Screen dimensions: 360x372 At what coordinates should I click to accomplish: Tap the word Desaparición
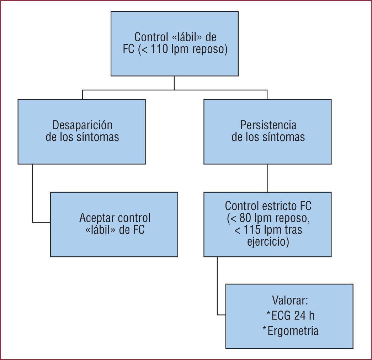[x=82, y=125]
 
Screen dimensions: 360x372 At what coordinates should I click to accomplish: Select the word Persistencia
[x=268, y=125]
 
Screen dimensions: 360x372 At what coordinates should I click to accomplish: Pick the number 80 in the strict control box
[x=244, y=218]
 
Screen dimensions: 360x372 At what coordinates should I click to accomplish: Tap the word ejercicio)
[x=267, y=242]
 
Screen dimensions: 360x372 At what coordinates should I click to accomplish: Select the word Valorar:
[x=289, y=300]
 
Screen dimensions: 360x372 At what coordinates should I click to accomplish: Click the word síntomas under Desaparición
[x=98, y=137]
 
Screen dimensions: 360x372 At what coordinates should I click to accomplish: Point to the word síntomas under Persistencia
[x=283, y=137]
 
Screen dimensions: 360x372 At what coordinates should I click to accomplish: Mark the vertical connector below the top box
[x=174, y=83]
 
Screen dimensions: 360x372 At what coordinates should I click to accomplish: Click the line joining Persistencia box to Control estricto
[x=267, y=178]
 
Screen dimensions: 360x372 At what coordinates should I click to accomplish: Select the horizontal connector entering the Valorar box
[x=221, y=315]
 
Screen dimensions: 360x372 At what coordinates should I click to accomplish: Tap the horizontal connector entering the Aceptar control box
[x=41, y=222]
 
